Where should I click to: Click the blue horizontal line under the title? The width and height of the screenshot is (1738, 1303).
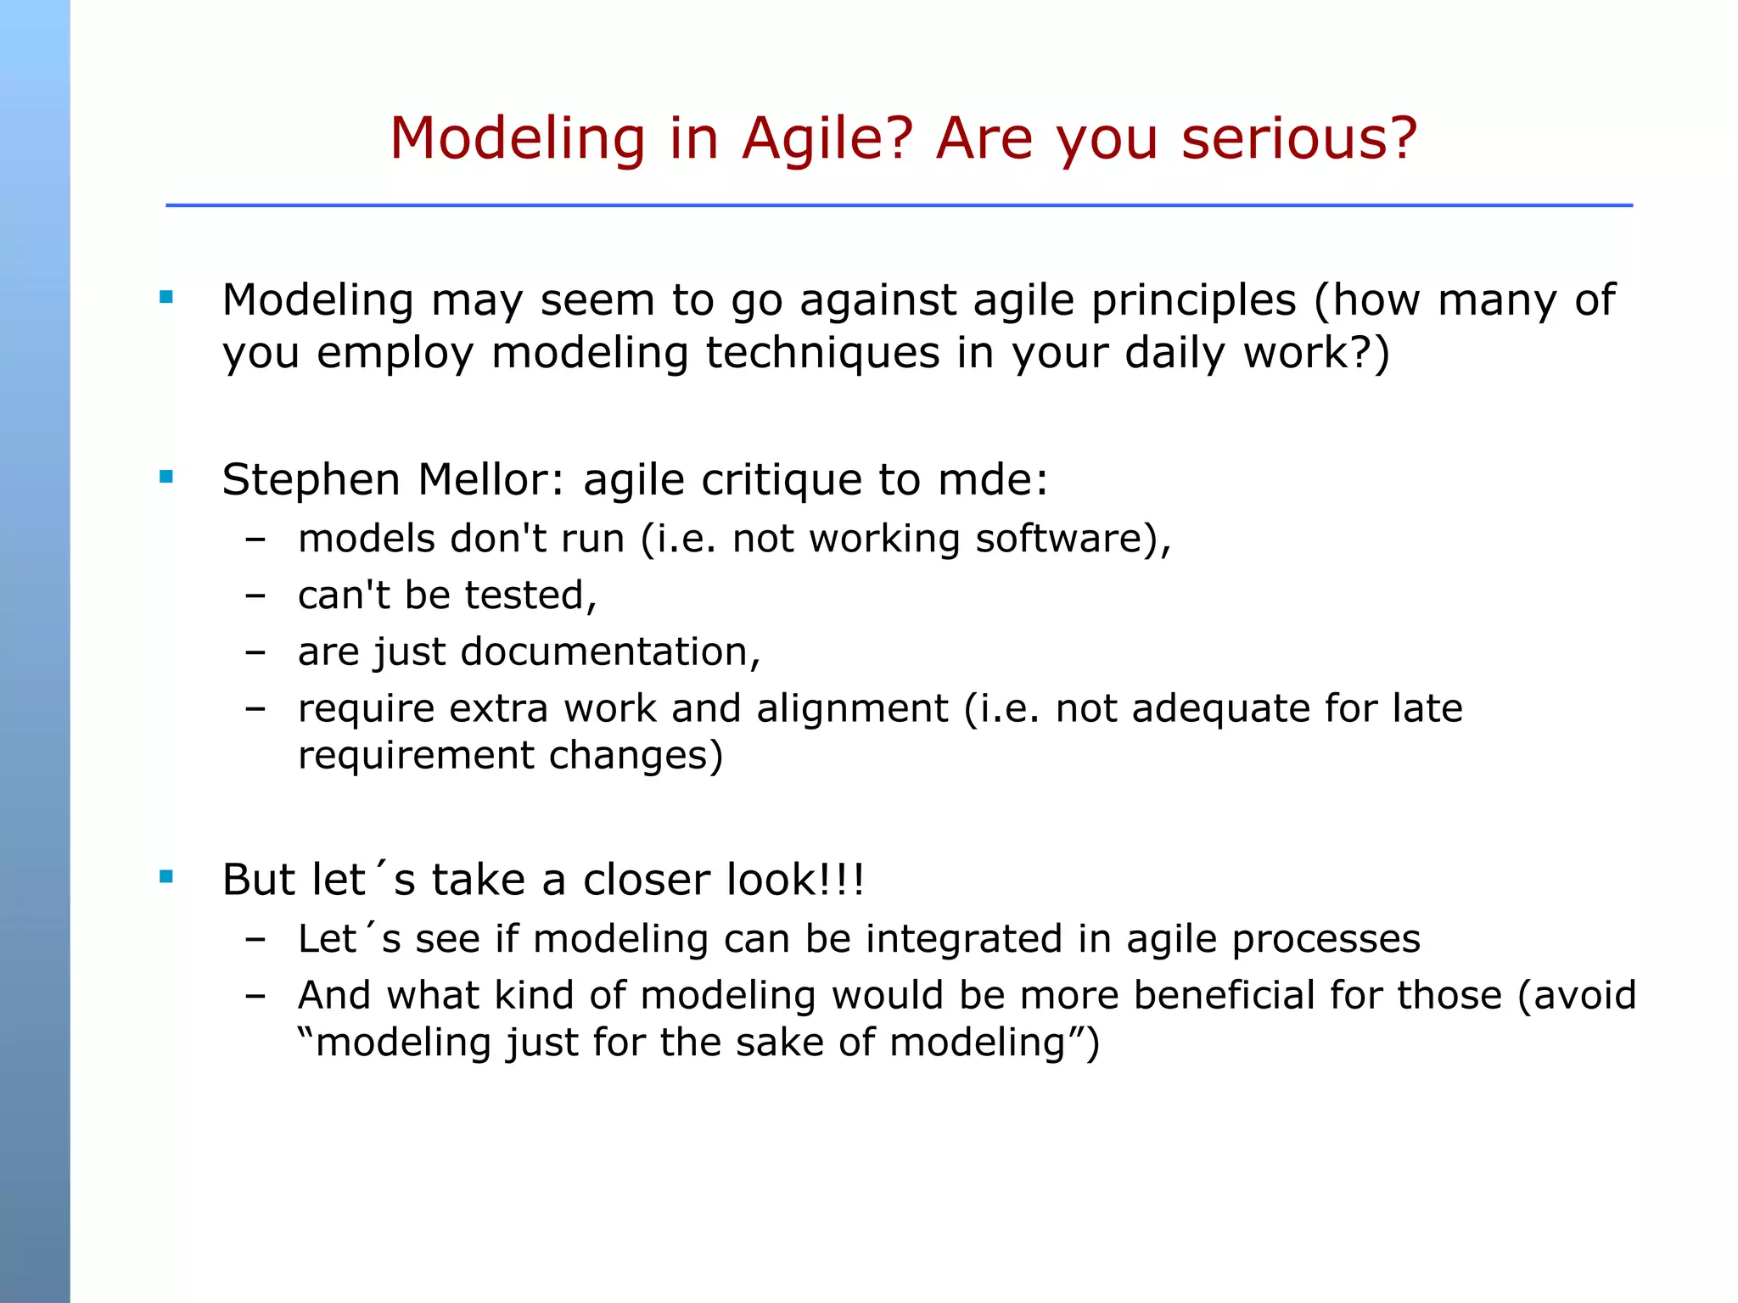click(898, 205)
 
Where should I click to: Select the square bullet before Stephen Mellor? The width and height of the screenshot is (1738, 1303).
click(166, 477)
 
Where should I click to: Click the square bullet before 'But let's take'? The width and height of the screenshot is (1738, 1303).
click(166, 876)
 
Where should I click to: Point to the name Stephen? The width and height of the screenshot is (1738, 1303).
click(311, 480)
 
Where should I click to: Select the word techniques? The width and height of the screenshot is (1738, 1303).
click(822, 353)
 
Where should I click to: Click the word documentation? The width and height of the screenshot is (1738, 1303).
click(604, 652)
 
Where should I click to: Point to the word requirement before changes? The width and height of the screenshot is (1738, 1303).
click(415, 756)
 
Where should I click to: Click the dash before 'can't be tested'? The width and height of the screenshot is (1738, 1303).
click(255, 596)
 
